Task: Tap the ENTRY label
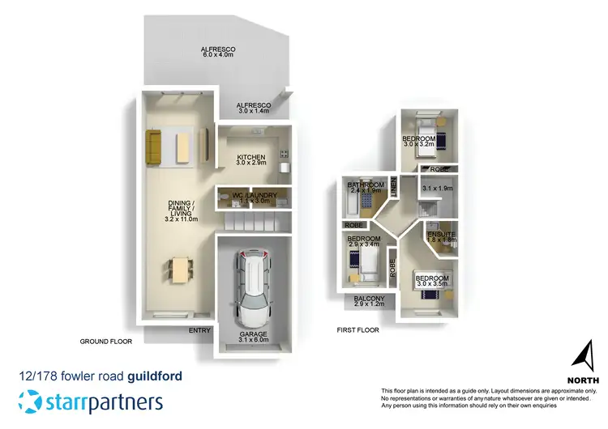[199, 330]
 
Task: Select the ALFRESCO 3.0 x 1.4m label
[252, 109]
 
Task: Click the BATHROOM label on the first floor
[365, 187]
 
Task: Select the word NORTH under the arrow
[583, 379]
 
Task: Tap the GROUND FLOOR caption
[105, 342]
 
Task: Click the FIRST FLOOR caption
[358, 330]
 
